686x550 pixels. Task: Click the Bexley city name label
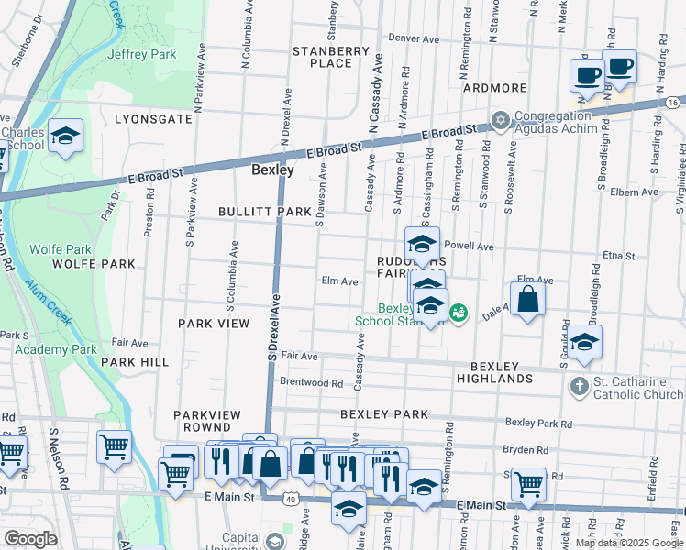(x=273, y=170)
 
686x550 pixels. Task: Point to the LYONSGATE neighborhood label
(x=153, y=119)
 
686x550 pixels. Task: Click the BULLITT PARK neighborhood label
(x=265, y=212)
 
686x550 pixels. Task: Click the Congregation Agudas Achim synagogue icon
(x=500, y=120)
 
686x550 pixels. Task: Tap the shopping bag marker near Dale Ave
(x=528, y=300)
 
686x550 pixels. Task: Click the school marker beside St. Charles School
(x=65, y=137)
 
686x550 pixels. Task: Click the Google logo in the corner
(x=30, y=539)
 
